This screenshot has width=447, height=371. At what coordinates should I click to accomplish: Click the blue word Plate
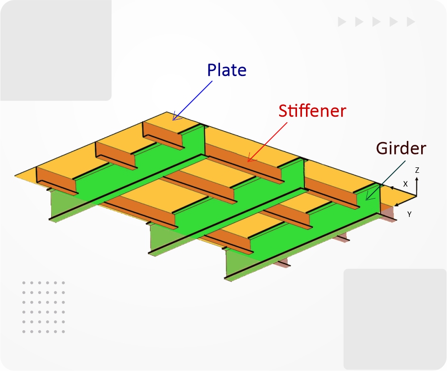(x=226, y=70)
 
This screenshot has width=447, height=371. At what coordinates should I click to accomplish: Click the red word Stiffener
(x=312, y=111)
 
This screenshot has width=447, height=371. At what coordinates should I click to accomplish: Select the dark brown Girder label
(x=401, y=148)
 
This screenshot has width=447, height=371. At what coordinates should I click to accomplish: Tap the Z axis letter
(x=417, y=170)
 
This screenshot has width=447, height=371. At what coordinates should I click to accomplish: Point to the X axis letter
(x=405, y=184)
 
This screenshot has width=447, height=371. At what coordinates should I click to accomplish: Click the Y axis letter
(x=409, y=214)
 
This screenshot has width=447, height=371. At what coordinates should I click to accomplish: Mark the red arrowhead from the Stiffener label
(x=251, y=158)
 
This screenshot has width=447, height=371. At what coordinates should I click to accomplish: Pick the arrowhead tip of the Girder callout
(x=367, y=199)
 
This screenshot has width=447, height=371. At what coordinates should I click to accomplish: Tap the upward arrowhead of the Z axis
(x=417, y=179)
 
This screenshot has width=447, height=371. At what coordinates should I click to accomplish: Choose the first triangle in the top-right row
(x=342, y=22)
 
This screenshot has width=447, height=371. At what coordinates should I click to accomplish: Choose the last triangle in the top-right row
(x=411, y=22)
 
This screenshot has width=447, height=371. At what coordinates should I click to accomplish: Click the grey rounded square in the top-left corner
(x=56, y=50)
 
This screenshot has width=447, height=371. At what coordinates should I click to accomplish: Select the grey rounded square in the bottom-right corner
(x=395, y=319)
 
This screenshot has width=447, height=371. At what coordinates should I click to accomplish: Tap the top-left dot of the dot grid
(x=24, y=283)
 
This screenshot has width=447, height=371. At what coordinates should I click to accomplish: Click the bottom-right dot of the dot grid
(x=63, y=332)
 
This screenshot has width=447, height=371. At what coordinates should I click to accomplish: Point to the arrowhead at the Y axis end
(x=396, y=205)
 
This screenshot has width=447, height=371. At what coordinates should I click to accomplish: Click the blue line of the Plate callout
(x=192, y=100)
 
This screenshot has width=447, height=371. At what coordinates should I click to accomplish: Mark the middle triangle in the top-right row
(x=376, y=22)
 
